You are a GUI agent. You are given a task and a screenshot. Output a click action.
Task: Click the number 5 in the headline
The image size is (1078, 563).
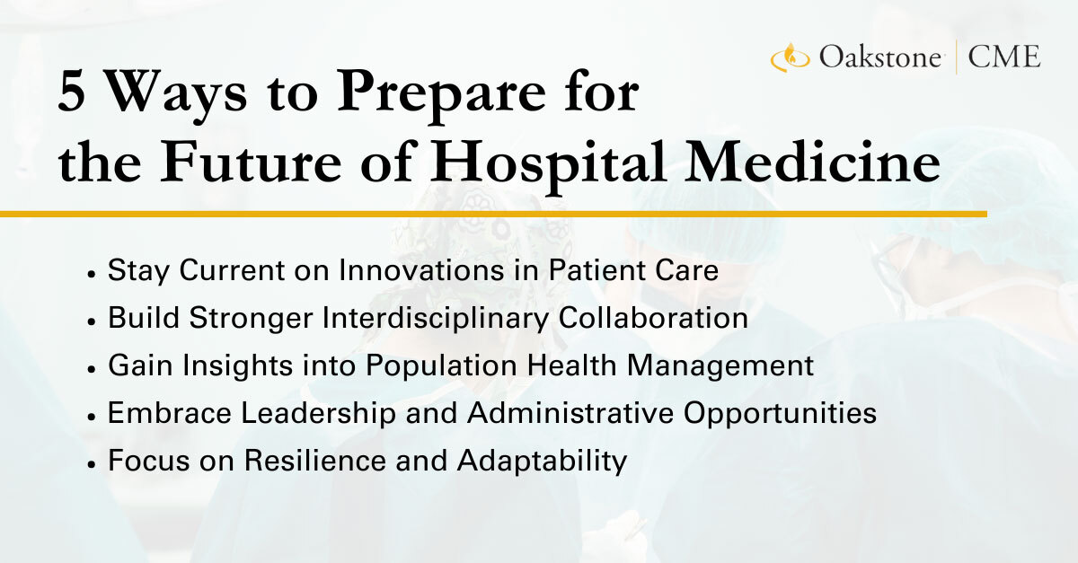pyautogui.click(x=72, y=92)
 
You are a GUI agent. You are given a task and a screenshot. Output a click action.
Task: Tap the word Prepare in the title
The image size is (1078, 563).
pyautogui.click(x=441, y=95)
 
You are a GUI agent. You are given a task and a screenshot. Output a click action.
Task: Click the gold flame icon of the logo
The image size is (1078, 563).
pyautogui.click(x=791, y=57)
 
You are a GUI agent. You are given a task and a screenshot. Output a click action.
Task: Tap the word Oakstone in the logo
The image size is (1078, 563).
pyautogui.click(x=880, y=57)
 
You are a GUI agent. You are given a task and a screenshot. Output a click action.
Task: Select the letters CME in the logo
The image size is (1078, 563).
pyautogui.click(x=1004, y=57)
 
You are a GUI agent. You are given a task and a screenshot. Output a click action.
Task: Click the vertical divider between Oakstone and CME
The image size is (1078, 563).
pyautogui.click(x=956, y=57)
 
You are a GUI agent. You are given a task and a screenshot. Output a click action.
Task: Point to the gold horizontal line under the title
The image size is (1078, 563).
pyautogui.click(x=493, y=214)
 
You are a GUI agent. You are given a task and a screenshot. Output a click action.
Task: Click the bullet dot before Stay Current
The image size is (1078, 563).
pyautogui.click(x=91, y=274)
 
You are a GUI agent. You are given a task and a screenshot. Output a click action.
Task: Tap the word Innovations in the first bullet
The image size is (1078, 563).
pyautogui.click(x=421, y=270)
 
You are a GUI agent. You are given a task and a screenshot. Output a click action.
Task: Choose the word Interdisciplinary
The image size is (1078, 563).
pyautogui.click(x=436, y=319)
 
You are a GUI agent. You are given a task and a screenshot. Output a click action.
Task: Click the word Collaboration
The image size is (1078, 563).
pyautogui.click(x=653, y=318)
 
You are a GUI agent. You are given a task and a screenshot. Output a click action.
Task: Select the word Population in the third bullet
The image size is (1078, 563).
pyautogui.click(x=441, y=366)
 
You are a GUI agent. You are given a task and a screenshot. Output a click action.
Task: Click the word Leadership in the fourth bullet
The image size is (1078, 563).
pyautogui.click(x=318, y=414)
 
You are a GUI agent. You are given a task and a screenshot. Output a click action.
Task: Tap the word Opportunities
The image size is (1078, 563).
pyautogui.click(x=780, y=414)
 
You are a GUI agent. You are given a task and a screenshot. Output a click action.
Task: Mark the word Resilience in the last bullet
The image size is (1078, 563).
pyautogui.click(x=315, y=460)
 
